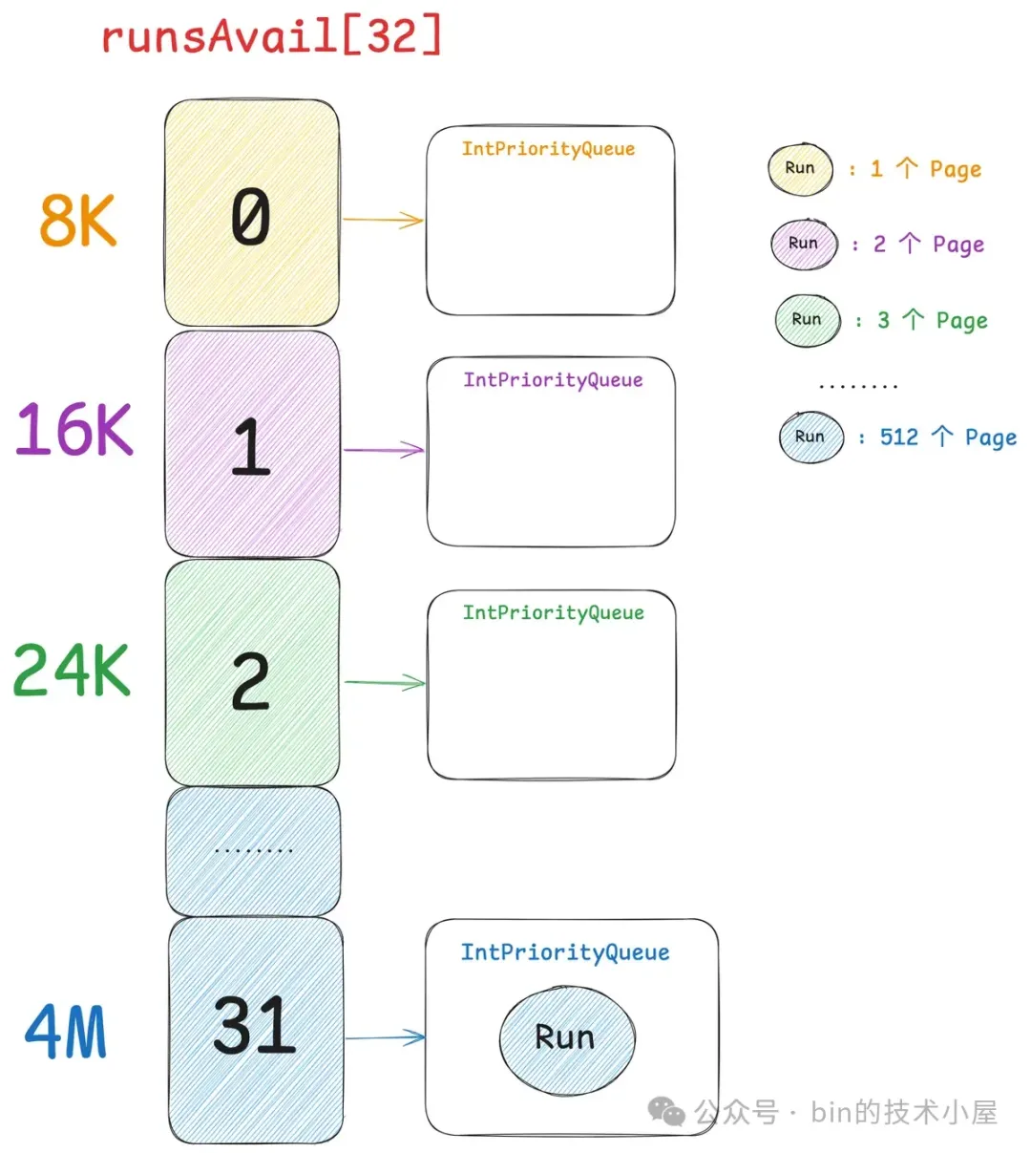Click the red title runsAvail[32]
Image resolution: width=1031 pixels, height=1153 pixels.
271,36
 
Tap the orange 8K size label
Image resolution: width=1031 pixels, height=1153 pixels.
77,220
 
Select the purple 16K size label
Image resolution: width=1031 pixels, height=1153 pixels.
74,429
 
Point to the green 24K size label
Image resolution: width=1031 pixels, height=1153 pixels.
72,670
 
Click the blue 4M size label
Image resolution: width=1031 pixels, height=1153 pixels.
66,1031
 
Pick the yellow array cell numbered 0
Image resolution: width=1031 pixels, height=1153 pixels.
251,213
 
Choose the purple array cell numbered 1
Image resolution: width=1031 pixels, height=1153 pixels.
252,445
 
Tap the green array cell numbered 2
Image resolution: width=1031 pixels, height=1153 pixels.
252,674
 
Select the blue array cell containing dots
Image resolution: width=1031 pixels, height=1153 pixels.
253,850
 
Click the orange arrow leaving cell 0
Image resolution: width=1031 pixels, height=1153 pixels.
382,220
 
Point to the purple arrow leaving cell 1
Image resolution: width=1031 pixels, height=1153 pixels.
383,449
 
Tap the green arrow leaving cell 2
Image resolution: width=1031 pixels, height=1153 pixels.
384,682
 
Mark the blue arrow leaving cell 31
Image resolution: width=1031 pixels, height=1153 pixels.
385,1037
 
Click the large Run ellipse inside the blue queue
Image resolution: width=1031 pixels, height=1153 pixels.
566,1039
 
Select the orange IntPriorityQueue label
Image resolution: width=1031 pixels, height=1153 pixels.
548,149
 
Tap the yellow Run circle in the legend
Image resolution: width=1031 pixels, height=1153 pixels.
800,169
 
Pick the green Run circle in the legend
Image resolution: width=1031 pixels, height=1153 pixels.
807,320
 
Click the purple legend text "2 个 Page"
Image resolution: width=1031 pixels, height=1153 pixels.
928,245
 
